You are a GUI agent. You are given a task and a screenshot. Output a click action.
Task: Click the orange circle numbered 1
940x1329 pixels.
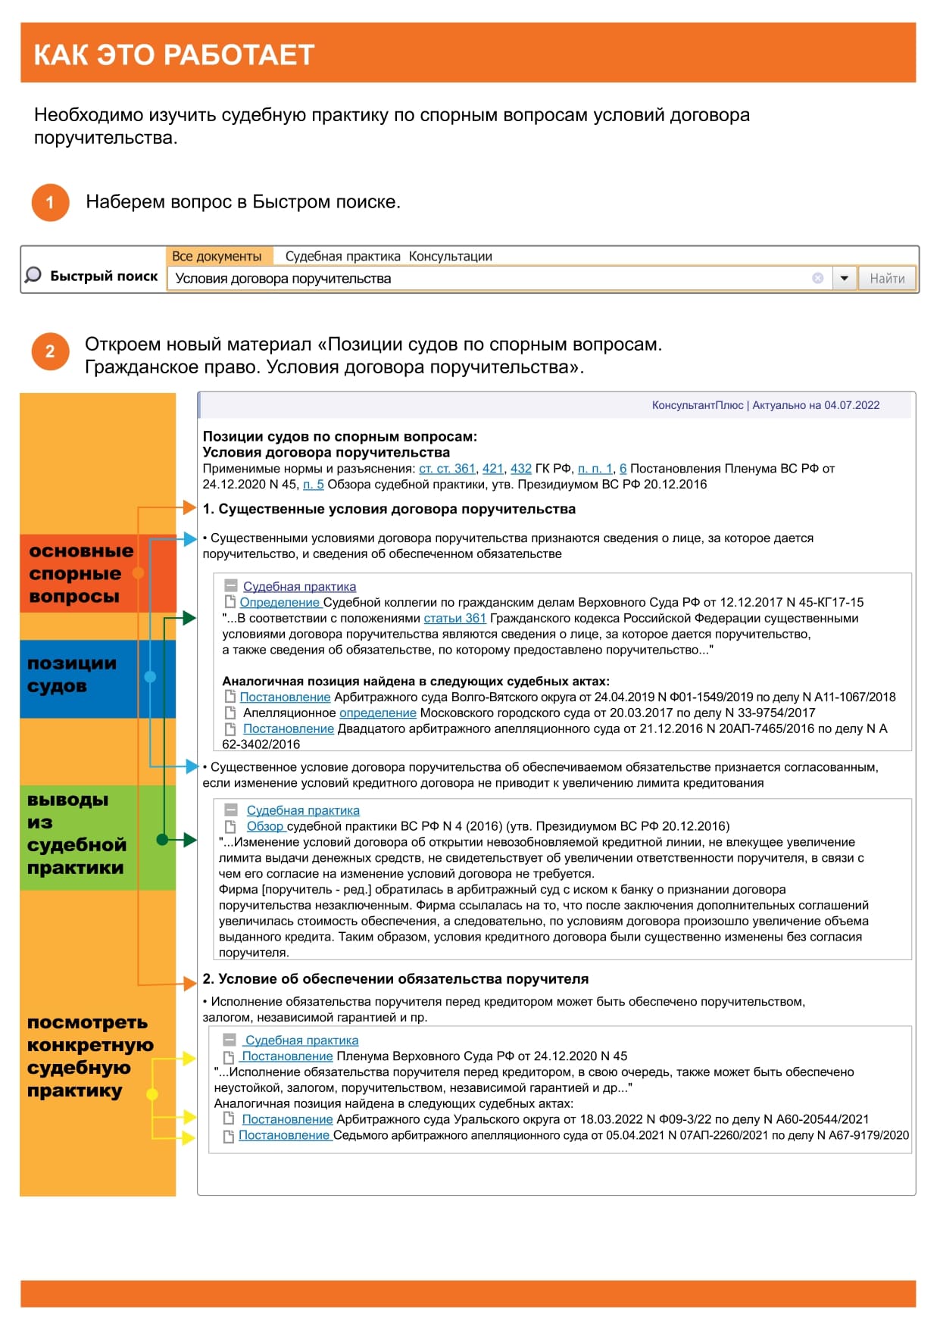pyautogui.click(x=50, y=202)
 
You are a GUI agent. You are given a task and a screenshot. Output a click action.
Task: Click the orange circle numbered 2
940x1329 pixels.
pyautogui.click(x=50, y=351)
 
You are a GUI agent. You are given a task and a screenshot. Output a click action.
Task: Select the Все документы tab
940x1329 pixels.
pyautogui.click(x=217, y=256)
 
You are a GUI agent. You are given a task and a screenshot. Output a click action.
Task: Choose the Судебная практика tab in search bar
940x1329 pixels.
pyautogui.click(x=342, y=256)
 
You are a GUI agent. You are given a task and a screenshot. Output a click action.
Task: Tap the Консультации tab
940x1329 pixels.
pyautogui.click(x=451, y=256)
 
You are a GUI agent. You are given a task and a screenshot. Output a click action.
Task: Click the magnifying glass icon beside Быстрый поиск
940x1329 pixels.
pyautogui.click(x=33, y=275)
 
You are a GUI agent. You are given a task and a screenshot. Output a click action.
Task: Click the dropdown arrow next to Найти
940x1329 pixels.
pyautogui.click(x=844, y=279)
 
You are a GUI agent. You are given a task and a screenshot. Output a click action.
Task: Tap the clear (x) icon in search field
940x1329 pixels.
pyautogui.click(x=817, y=278)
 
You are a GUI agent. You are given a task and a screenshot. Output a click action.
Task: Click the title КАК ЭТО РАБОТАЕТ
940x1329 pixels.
pyautogui.click(x=174, y=55)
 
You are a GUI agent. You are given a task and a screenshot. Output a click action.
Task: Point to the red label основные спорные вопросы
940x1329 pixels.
pyautogui.click(x=80, y=573)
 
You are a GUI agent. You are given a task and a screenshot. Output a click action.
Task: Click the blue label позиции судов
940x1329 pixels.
pyautogui.click(x=73, y=674)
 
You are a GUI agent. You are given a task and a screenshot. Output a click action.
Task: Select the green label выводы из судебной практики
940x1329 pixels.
pyautogui.click(x=76, y=833)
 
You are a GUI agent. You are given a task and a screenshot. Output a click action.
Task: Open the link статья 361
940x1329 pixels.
pyautogui.click(x=454, y=618)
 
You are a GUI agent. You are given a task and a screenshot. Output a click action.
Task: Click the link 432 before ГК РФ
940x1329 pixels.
pyautogui.click(x=521, y=469)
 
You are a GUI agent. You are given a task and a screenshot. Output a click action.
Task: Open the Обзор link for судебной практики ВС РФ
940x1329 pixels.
pyautogui.click(x=265, y=826)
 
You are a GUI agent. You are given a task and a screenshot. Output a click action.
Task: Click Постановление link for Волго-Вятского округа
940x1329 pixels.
pyautogui.click(x=285, y=697)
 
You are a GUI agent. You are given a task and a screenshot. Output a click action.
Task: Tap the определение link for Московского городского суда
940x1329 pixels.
pyautogui.click(x=377, y=713)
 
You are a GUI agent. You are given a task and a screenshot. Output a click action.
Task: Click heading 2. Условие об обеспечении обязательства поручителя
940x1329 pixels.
pyautogui.click(x=395, y=979)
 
